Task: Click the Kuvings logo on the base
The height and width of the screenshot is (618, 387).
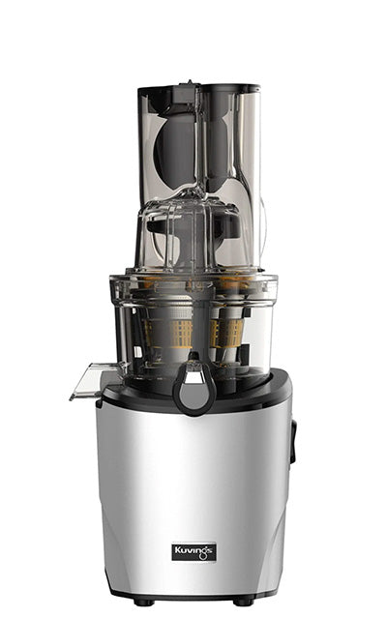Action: coord(193,551)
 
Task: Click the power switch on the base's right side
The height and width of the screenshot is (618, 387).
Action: coord(292,441)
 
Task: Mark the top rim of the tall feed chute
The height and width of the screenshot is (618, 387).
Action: coord(198,88)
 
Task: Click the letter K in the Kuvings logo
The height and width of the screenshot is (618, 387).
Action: coord(178,551)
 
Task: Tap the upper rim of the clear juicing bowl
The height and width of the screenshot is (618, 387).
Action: coord(193,279)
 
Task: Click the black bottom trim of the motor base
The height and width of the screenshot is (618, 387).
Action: coord(193,592)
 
